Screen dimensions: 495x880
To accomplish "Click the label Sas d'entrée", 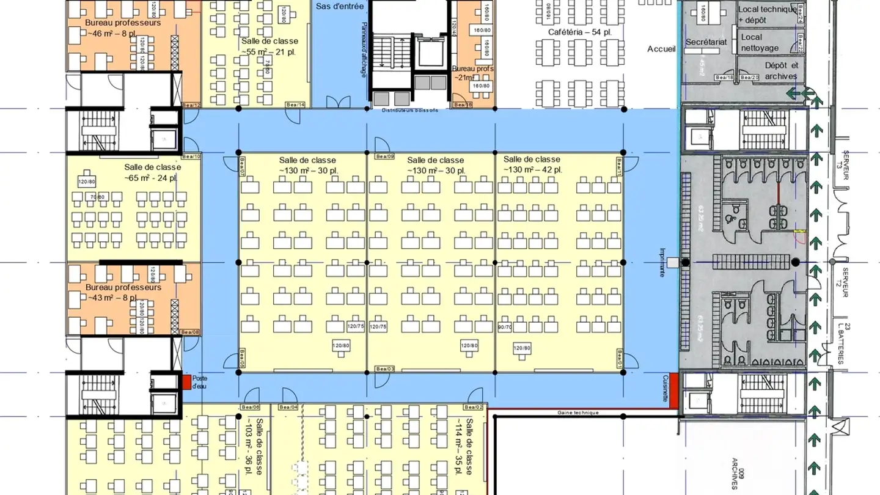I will point(340,7).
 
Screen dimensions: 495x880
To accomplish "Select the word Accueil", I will point(661,49).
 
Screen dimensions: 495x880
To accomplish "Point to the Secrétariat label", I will point(706,42).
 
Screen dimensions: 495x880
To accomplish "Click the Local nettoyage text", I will point(760,42).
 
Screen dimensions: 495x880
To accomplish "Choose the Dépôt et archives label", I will point(780,71).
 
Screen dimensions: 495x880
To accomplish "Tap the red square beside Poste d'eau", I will point(186,383).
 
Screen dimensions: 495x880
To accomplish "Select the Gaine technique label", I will point(578,413).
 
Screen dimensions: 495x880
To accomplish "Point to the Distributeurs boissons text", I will point(409,111).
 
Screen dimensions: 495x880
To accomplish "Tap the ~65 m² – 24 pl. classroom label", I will point(152,172).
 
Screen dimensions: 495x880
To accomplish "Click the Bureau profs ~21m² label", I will point(472,73).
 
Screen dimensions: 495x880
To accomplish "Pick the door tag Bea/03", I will point(385,369).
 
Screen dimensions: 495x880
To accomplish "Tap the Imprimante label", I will point(662,262).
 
